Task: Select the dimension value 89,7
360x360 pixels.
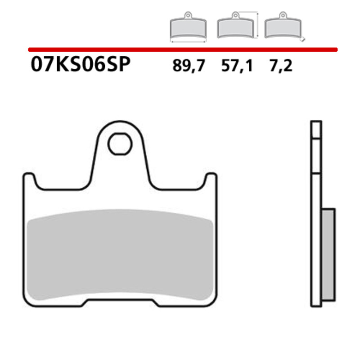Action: [189, 66]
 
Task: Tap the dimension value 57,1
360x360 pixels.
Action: [237, 66]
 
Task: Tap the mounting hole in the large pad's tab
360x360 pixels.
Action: [120, 144]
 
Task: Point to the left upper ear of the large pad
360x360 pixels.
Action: [29, 180]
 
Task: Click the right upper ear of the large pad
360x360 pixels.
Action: [211, 180]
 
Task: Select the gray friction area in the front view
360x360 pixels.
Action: [120, 256]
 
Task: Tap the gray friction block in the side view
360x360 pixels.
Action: [328, 254]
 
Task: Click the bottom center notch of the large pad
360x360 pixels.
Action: [120, 302]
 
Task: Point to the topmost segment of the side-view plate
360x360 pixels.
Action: [316, 129]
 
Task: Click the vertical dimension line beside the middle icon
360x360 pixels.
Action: [257, 26]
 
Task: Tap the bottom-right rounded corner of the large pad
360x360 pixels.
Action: [212, 302]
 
